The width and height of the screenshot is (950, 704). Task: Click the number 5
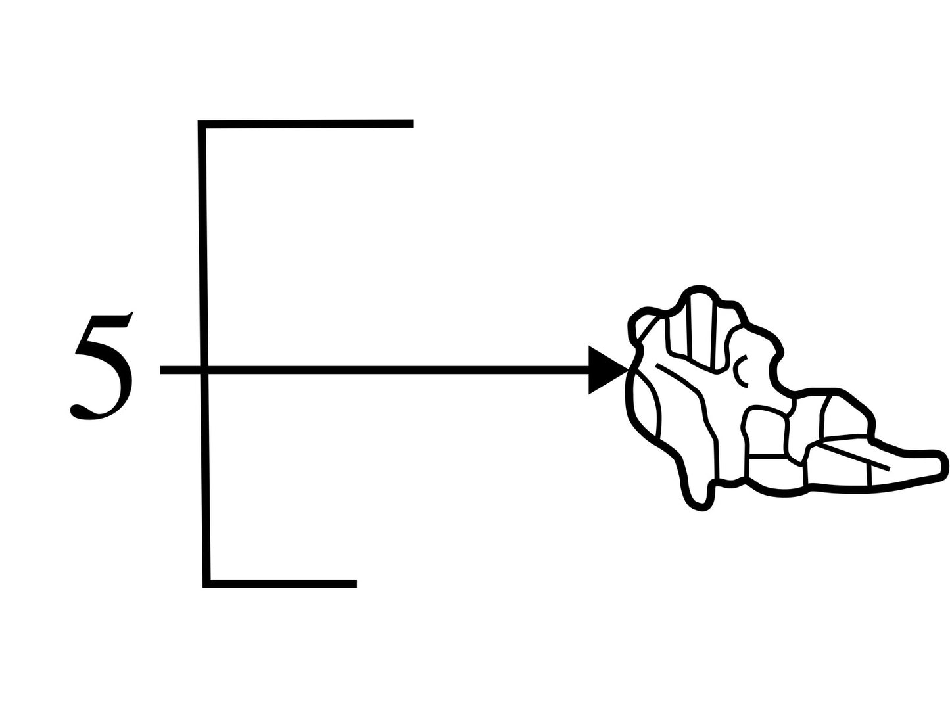click(102, 365)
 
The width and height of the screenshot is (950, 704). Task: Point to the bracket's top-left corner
click(201, 124)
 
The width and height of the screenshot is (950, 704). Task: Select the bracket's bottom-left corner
click(206, 584)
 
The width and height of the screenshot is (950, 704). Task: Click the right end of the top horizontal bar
click(412, 124)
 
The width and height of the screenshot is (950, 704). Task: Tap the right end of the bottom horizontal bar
click(356, 584)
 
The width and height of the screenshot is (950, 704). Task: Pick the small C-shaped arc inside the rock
click(740, 371)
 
